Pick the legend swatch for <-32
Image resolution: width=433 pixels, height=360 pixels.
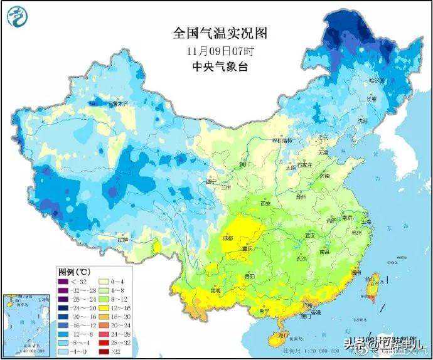pos(64,282)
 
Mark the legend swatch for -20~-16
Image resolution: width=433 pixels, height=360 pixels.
pos(64,317)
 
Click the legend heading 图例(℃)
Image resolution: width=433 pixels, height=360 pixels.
pos(76,272)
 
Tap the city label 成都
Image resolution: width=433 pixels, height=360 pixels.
pos(227,238)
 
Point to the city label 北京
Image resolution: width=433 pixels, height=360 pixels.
pos(323,137)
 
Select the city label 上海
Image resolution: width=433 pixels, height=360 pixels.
pos(367,221)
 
